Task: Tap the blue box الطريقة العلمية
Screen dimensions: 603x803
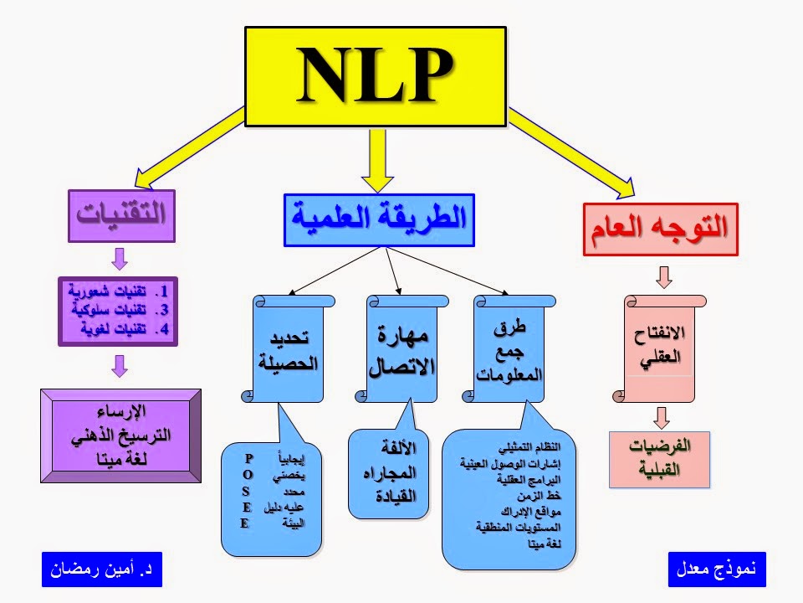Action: click(x=379, y=219)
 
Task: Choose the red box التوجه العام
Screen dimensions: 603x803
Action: click(x=660, y=229)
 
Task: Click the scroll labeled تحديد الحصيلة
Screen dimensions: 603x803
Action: click(x=284, y=351)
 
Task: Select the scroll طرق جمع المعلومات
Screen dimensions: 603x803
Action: click(x=510, y=351)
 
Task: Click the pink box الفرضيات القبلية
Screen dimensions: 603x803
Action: click(x=659, y=459)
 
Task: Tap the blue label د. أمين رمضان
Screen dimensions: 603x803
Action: click(x=101, y=569)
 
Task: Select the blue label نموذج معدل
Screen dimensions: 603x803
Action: click(x=718, y=569)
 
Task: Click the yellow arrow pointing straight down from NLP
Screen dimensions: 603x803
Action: click(x=378, y=163)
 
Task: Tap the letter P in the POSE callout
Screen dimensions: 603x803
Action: click(x=248, y=458)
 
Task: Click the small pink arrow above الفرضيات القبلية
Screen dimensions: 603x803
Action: click(x=662, y=416)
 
